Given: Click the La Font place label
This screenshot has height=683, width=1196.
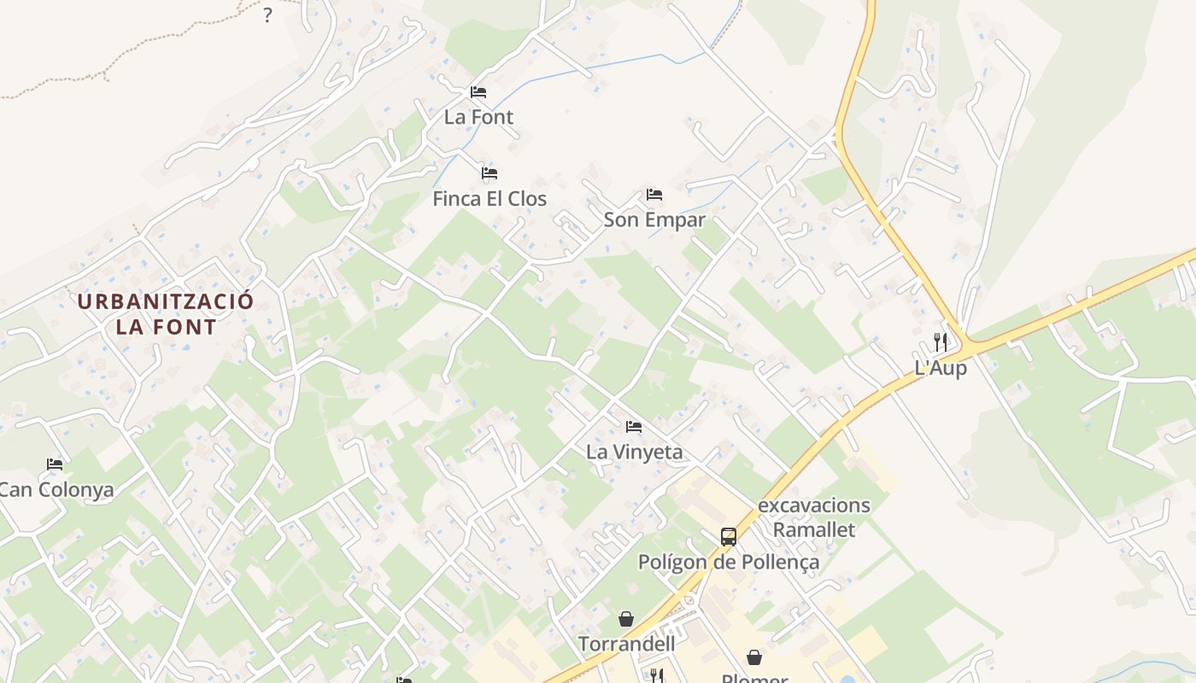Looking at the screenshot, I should click(478, 117).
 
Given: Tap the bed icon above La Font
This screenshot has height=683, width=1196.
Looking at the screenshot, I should click(478, 91).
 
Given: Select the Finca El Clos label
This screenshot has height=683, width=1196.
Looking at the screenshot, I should click(490, 199).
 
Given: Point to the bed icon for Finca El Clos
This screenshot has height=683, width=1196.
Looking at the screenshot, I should click(490, 172).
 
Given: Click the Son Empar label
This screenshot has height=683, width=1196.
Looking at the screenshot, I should click(654, 220).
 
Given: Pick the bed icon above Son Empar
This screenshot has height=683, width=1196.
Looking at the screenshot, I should click(654, 195).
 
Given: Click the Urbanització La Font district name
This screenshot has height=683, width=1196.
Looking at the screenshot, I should click(166, 313).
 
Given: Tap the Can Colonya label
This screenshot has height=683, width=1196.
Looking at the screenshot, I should click(56, 490).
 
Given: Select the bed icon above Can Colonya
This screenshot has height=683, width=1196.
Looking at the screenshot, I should click(55, 464).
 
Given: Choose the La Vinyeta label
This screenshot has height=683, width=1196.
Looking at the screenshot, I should click(634, 452).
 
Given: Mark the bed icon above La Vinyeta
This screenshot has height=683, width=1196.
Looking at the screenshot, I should click(634, 426).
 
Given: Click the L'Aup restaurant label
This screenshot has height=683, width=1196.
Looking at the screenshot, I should click(941, 368).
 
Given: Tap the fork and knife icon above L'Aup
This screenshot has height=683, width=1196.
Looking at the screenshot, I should click(941, 342).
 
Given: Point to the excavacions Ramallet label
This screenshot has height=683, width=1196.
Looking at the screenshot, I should click(813, 517).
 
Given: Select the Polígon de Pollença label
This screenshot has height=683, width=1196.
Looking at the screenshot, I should click(729, 562).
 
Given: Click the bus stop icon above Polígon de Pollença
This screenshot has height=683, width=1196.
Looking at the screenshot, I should click(729, 536).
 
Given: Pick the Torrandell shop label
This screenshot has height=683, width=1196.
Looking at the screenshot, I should click(626, 644).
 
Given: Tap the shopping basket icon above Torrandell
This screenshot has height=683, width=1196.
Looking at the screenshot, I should click(626, 618).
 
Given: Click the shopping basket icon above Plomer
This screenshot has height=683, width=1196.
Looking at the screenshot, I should click(754, 657).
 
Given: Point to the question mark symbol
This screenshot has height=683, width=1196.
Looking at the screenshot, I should click(267, 15).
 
